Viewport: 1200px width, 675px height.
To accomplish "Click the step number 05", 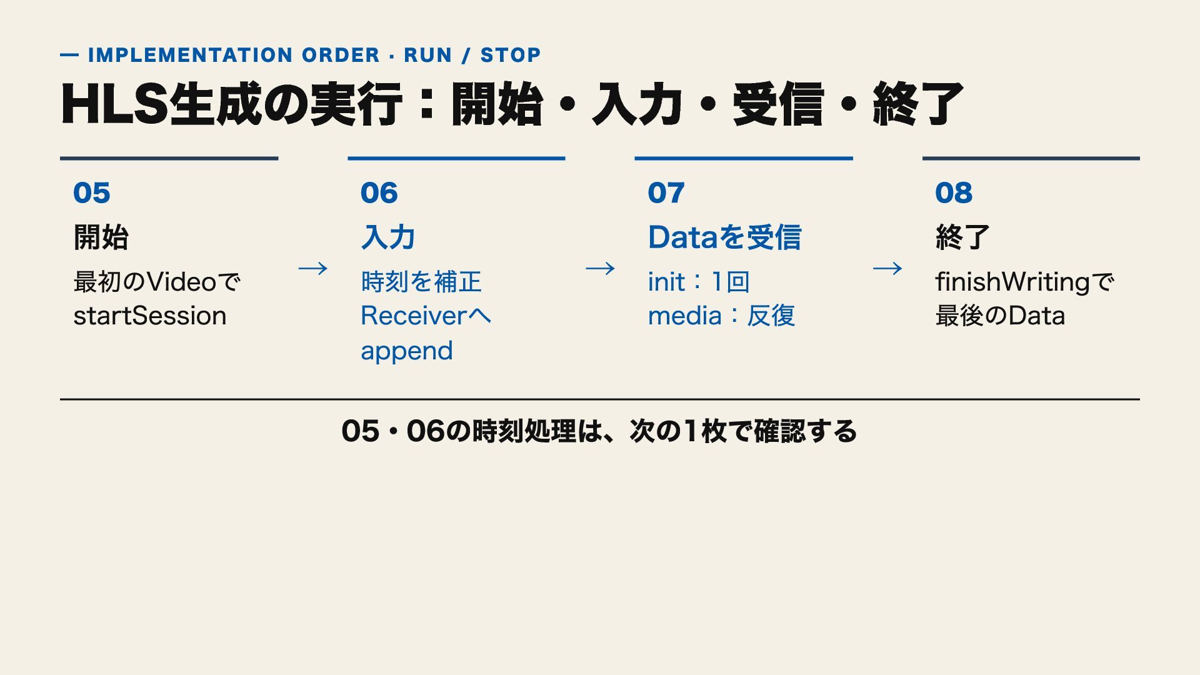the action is (91, 192).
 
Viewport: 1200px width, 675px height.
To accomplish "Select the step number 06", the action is (379, 192).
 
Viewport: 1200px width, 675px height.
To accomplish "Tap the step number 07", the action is (666, 192).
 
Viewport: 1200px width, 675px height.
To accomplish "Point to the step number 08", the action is (954, 192).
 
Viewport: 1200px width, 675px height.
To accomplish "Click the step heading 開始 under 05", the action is (101, 237).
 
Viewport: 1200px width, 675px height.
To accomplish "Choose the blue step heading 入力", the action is (388, 237).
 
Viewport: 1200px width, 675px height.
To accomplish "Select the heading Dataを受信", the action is (724, 237).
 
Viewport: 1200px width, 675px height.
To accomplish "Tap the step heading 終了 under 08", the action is (962, 237).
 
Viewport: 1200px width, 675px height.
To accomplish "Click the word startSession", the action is (150, 316).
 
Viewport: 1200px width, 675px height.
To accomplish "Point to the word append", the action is (407, 351).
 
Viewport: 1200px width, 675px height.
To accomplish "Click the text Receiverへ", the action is (426, 316).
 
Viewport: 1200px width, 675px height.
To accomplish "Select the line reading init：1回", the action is (699, 282).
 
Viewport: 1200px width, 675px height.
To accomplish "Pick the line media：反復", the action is (721, 316).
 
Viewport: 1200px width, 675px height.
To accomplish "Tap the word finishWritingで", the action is (1024, 282).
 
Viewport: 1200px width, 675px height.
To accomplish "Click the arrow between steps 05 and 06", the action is (313, 269).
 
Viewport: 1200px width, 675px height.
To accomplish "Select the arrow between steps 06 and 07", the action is (601, 269).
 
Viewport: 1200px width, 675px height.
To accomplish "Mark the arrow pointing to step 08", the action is (887, 269).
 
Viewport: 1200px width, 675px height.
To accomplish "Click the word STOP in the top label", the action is (510, 55).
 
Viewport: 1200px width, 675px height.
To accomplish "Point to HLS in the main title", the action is (114, 104).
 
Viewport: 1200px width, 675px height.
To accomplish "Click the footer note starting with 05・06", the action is (599, 431).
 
